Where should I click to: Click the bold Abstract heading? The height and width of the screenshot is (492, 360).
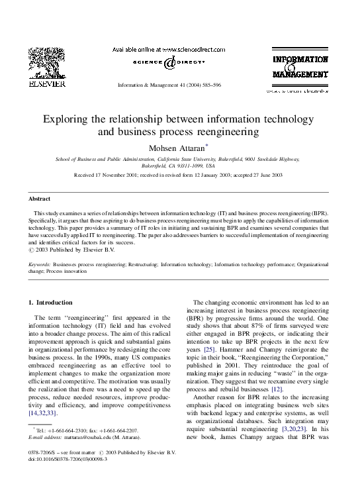(40, 199)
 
